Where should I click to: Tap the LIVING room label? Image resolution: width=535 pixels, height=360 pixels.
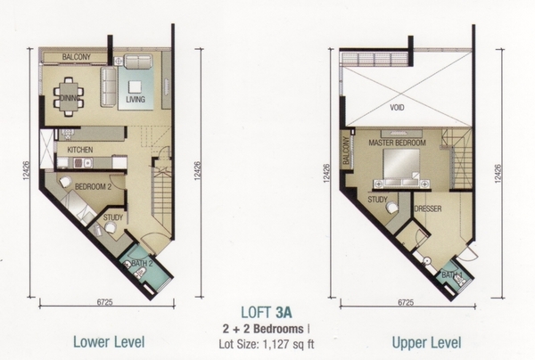pos(136,100)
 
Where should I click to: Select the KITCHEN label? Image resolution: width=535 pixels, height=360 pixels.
pos(80,150)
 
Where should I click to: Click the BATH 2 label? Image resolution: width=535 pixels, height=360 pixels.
pos(142,263)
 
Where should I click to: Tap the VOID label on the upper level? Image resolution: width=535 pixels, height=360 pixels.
pos(397,108)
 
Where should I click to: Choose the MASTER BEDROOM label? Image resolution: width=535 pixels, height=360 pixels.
pos(397,143)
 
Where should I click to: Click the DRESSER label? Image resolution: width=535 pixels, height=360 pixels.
pos(428,209)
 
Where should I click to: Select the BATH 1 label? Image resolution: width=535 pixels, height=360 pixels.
pos(452,274)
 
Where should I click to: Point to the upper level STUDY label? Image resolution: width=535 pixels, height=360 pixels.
pos(377,200)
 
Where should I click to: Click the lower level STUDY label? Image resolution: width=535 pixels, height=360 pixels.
pos(113,217)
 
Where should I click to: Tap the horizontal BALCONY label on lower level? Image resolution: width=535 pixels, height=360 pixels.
pos(77,57)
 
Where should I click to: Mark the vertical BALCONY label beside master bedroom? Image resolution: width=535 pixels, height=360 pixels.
pos(346,151)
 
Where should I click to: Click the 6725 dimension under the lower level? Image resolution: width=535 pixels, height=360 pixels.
pos(104,302)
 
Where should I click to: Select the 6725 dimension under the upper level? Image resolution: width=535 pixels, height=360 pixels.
pos(406,302)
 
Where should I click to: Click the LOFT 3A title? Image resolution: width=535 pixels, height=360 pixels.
pos(266,313)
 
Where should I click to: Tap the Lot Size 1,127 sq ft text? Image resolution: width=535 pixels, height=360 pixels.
pos(267,344)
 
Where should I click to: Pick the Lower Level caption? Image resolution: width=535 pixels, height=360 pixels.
pos(109,342)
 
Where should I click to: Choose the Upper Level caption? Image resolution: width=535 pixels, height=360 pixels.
pos(426,342)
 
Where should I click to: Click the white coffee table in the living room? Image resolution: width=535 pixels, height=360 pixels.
pos(136,86)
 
